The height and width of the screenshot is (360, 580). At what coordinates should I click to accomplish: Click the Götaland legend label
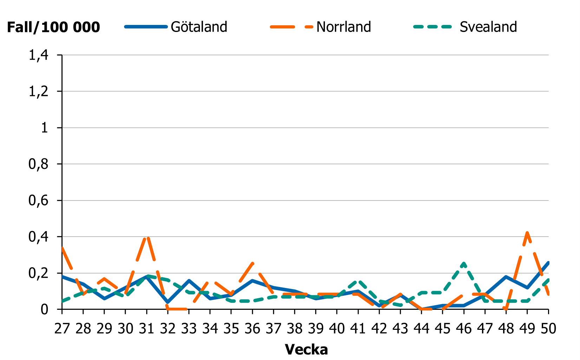[x=199, y=27]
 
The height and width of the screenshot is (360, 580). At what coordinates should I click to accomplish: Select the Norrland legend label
[x=344, y=27]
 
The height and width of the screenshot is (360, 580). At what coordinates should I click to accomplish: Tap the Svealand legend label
[x=488, y=27]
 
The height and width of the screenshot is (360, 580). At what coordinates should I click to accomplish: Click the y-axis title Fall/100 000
[x=53, y=27]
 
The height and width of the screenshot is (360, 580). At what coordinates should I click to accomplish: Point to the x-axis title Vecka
[x=306, y=349]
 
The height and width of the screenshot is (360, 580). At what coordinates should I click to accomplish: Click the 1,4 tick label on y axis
[x=38, y=55]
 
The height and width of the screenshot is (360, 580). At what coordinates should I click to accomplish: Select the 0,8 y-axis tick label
[x=38, y=164]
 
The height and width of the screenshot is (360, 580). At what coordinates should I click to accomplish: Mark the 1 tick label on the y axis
[x=44, y=127]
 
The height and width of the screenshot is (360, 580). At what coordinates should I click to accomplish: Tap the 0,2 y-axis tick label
[x=38, y=273]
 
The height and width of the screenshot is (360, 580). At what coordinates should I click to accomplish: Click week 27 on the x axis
[x=62, y=329]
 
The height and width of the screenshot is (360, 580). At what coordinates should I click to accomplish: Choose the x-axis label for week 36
[x=252, y=329]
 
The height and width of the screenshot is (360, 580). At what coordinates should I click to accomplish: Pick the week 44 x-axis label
[x=421, y=329]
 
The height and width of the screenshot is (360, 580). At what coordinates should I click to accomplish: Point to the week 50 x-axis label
[x=548, y=329]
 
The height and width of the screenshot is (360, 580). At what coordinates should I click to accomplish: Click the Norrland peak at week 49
[x=527, y=232]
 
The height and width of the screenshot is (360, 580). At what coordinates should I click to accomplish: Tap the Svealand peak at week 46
[x=464, y=263]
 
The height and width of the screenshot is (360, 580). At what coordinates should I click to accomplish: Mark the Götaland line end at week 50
[x=548, y=263]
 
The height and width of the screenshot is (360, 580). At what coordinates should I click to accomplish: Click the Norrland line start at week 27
[x=63, y=248]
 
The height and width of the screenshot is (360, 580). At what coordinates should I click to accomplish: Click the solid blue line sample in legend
[x=145, y=27]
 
